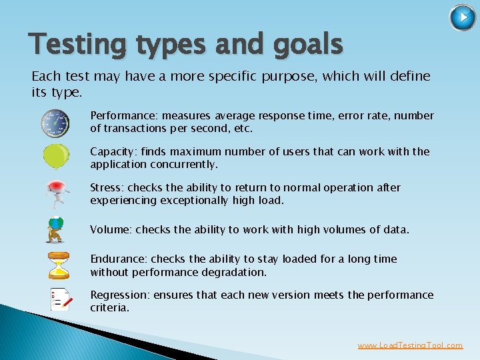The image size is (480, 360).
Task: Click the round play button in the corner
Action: (463, 18)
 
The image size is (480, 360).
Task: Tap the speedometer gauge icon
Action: (55, 122)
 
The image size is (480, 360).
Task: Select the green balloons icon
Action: (56, 156)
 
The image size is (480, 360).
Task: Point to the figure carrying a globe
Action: (56, 229)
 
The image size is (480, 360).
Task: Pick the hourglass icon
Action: (58, 265)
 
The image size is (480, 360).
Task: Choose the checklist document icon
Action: (60, 300)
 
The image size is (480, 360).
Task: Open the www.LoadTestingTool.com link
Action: (409, 345)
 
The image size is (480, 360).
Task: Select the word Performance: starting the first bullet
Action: (117, 116)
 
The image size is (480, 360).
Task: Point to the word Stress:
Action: (107, 188)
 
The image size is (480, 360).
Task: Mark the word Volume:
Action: (111, 230)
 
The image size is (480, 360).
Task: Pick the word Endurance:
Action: (119, 259)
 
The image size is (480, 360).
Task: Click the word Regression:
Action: (120, 295)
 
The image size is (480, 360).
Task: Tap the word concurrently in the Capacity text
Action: (185, 165)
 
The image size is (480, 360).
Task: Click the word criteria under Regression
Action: (109, 308)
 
